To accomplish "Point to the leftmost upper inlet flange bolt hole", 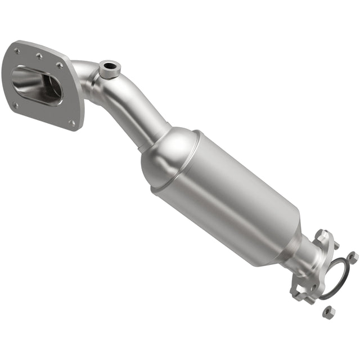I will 17,51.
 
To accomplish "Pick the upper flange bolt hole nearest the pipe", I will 59,65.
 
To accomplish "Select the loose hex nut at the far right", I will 353,256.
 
